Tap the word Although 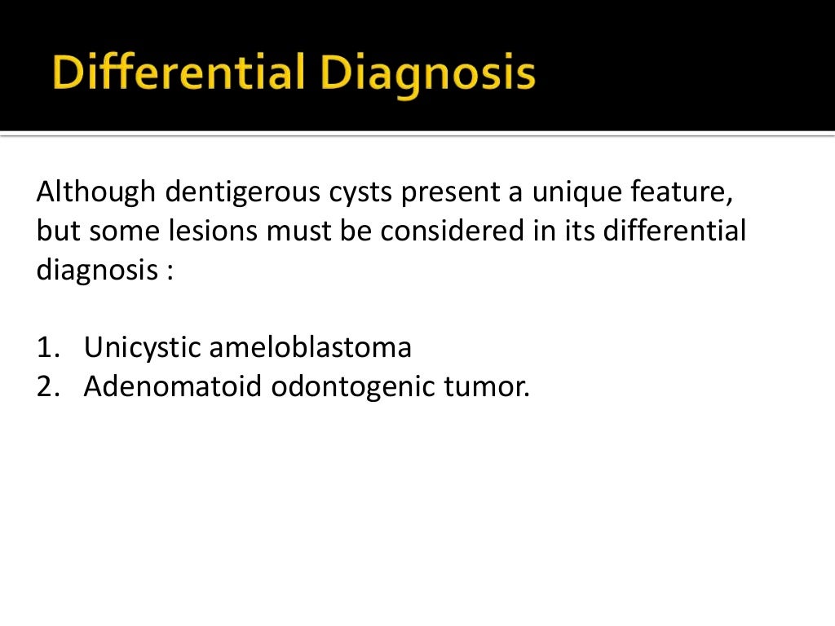95,194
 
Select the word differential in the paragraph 675,232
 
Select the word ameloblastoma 310,348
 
